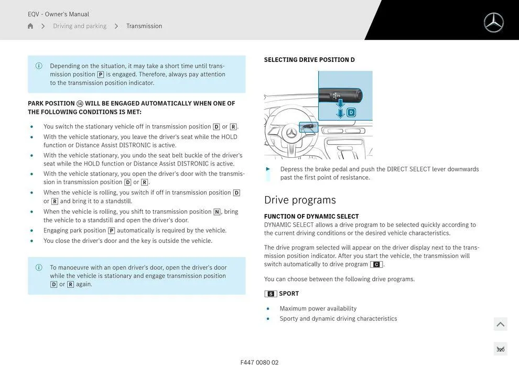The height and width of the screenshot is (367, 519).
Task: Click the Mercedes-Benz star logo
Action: click(x=493, y=23)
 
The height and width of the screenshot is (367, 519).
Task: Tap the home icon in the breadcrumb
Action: click(x=30, y=26)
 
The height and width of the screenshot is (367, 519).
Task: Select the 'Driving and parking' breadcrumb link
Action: click(x=80, y=26)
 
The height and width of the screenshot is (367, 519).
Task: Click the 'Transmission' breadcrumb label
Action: click(x=144, y=26)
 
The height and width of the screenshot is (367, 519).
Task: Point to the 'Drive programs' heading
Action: click(x=300, y=200)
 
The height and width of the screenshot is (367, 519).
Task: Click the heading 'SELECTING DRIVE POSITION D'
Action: click(x=309, y=60)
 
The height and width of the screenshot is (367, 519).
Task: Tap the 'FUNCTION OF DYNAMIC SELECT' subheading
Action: click(x=311, y=217)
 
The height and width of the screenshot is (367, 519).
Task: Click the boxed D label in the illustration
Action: click(x=351, y=112)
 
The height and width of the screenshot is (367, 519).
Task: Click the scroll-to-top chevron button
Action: click(x=500, y=325)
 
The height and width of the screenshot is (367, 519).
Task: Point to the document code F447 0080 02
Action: click(x=259, y=362)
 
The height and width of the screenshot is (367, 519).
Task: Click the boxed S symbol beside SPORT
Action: click(x=271, y=294)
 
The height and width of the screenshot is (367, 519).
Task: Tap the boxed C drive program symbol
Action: click(x=376, y=265)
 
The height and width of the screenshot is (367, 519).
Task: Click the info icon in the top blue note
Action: click(x=39, y=66)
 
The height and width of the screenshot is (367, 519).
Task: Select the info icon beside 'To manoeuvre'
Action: click(x=39, y=267)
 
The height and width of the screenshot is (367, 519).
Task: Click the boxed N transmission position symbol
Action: click(x=217, y=212)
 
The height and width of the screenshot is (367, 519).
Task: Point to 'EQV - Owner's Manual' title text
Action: click(x=58, y=14)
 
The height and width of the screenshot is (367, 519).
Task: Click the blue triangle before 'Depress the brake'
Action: click(x=268, y=169)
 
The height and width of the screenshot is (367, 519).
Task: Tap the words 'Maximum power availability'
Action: click(x=318, y=309)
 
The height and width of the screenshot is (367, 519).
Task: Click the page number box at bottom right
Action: click(x=500, y=350)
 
